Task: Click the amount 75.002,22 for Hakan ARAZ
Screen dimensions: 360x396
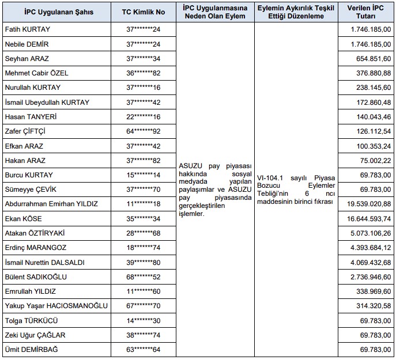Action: click(x=376, y=161)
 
